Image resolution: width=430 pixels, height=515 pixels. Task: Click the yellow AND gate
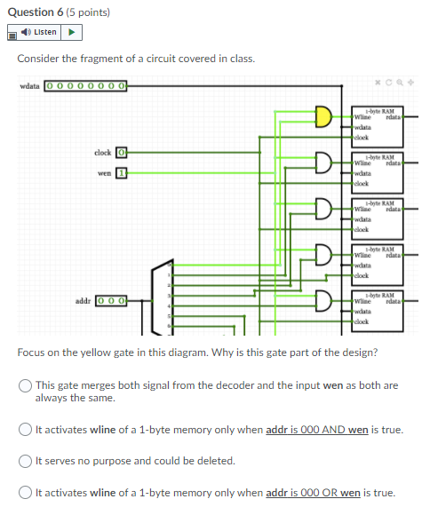(323, 116)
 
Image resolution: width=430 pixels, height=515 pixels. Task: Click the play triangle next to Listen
(74, 33)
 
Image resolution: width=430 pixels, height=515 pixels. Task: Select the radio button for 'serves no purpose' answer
(26, 461)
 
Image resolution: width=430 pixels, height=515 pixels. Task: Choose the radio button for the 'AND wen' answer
(26, 430)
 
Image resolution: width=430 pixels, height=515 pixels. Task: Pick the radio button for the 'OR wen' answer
(26, 492)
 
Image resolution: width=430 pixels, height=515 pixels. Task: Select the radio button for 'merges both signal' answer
(26, 385)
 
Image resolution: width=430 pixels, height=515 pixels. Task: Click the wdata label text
(29, 86)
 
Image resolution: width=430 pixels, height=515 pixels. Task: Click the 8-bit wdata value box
(85, 86)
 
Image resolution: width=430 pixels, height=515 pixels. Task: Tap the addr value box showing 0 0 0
(111, 302)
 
